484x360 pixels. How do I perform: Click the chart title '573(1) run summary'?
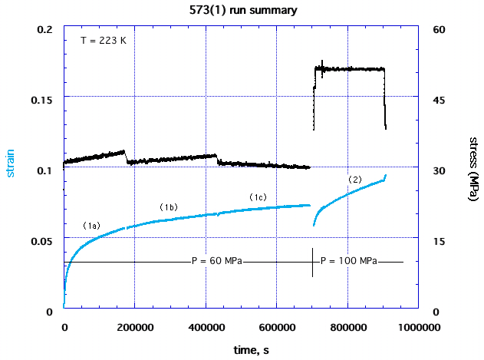pos(242,11)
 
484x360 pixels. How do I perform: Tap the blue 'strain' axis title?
pos(12,162)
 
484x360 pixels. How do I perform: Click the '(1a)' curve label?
pos(91,226)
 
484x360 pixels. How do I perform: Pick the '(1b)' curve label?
pos(169,207)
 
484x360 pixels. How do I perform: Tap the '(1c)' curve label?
pos(258,197)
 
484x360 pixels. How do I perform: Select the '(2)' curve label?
pos(355,179)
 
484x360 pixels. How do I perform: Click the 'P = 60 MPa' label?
pos(217,261)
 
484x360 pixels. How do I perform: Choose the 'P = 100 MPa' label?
pos(348,261)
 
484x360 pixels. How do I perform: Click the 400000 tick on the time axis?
pos(206,327)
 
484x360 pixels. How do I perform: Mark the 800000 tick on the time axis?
pos(347,327)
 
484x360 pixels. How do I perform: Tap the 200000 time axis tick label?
pos(135,327)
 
